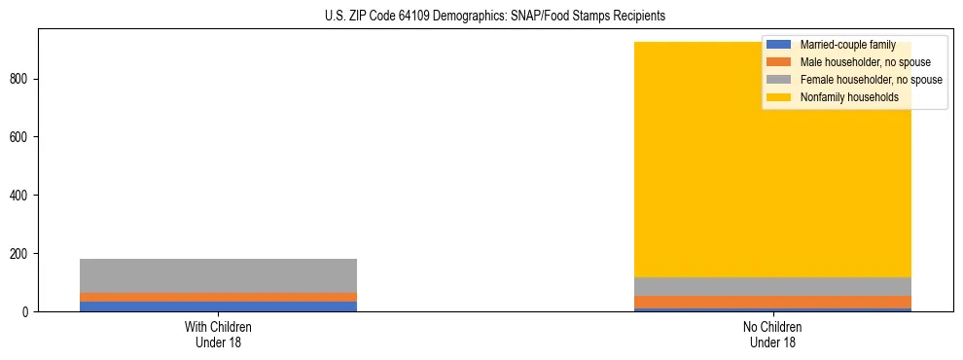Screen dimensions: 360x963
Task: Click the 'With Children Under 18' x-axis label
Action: tap(218, 334)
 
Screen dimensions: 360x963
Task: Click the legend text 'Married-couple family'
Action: tap(847, 45)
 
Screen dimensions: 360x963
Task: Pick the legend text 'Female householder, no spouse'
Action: tap(871, 80)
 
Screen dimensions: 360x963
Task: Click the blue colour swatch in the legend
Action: tap(779, 45)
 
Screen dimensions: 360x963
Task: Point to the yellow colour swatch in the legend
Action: tap(779, 97)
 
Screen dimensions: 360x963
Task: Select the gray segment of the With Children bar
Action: tap(218, 275)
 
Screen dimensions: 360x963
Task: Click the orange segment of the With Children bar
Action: tap(218, 297)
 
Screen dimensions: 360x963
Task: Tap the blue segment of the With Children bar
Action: tap(218, 306)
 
